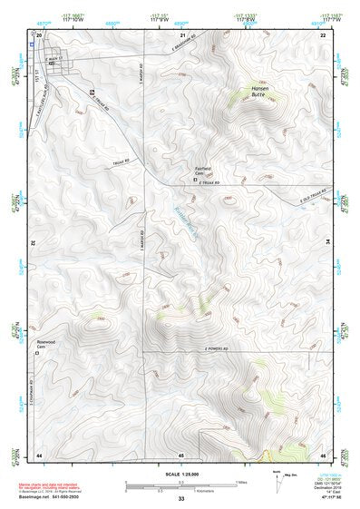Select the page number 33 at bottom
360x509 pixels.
180,499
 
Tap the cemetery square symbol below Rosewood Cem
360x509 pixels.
37,354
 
